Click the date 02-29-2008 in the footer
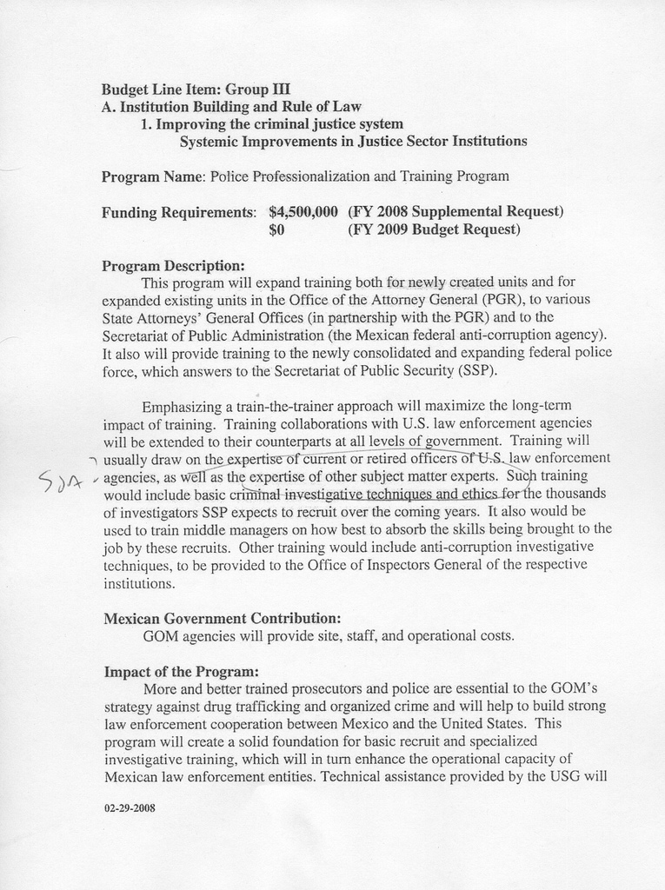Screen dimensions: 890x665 (x=129, y=807)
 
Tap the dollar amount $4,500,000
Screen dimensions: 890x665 (x=303, y=211)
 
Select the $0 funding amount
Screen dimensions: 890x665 (x=277, y=230)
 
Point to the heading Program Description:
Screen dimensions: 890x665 (x=173, y=265)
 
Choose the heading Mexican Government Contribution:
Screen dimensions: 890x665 (x=222, y=618)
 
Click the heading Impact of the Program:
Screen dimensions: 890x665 (x=181, y=672)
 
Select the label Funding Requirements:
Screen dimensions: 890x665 (x=179, y=212)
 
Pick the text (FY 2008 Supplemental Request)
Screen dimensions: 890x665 (x=456, y=211)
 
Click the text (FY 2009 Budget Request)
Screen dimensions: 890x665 (x=434, y=230)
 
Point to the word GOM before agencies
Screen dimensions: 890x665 (x=160, y=635)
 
